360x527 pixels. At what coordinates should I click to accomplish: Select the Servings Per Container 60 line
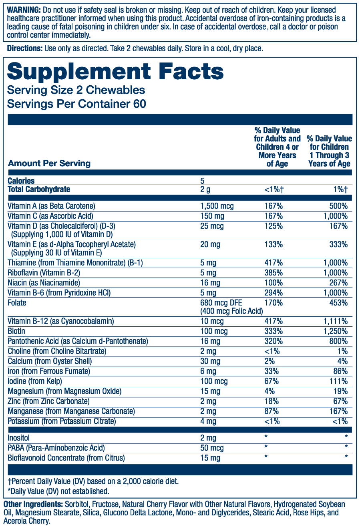point(76,104)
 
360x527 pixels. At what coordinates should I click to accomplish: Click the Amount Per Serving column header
point(49,163)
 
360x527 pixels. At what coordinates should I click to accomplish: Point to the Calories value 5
point(202,181)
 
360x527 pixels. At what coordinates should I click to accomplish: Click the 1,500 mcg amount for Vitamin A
point(217,206)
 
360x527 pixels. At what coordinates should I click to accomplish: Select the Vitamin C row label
point(50,216)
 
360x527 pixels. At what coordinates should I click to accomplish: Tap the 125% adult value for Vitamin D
point(274,226)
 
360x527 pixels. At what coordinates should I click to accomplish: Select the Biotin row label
point(16,331)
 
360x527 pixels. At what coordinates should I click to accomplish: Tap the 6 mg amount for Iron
point(208,371)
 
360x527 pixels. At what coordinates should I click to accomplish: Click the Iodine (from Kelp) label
point(35,381)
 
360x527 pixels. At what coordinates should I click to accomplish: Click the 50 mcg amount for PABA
point(212,448)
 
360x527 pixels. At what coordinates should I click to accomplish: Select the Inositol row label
point(19,438)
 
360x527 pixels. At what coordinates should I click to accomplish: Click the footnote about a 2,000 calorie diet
point(93,481)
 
